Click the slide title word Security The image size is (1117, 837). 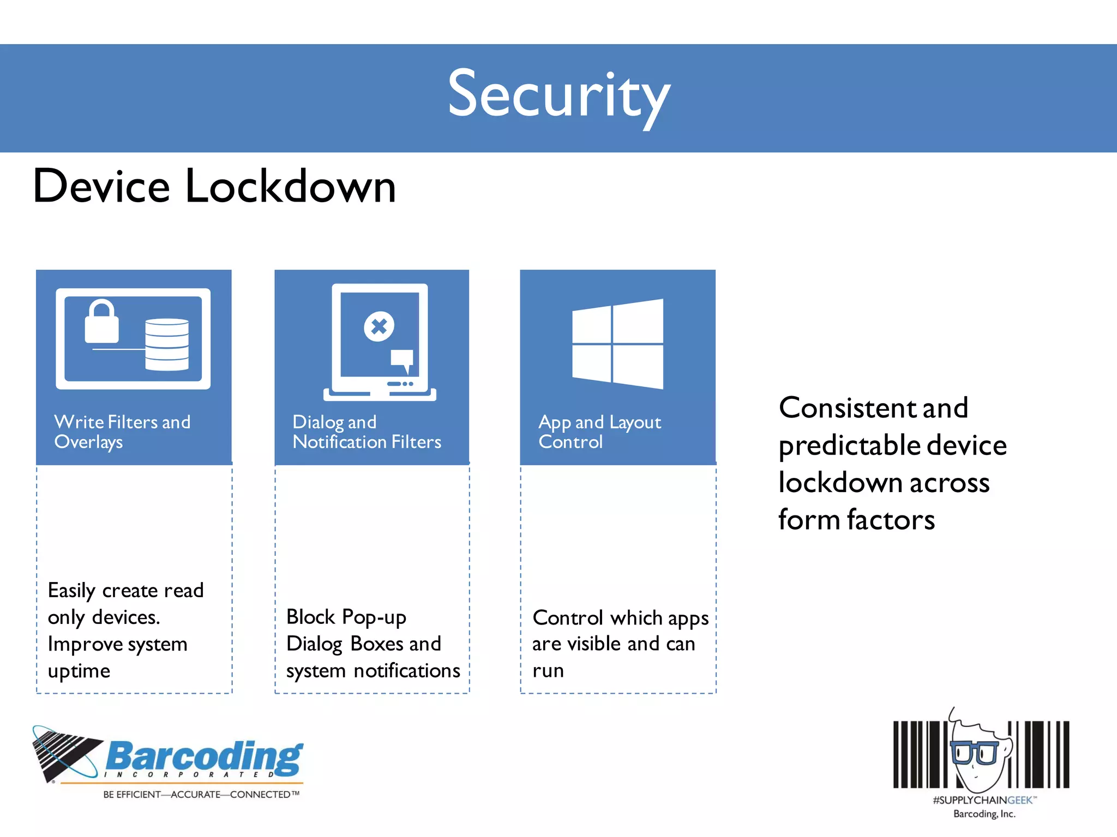[558, 96]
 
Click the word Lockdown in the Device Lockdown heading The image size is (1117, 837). [290, 186]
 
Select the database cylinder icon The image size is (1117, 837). [167, 344]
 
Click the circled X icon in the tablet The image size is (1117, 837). [379, 326]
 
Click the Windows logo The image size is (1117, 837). [617, 344]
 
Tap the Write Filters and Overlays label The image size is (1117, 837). [122, 432]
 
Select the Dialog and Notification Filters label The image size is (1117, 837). [367, 432]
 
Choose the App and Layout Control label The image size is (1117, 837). [599, 432]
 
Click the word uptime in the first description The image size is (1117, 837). [79, 671]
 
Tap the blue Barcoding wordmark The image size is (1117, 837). [205, 756]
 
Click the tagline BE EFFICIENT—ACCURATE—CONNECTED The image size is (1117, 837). [201, 794]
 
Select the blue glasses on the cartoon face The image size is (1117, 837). [975, 753]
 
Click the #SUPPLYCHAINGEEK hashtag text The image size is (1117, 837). [983, 800]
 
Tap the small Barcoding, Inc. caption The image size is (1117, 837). [984, 814]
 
